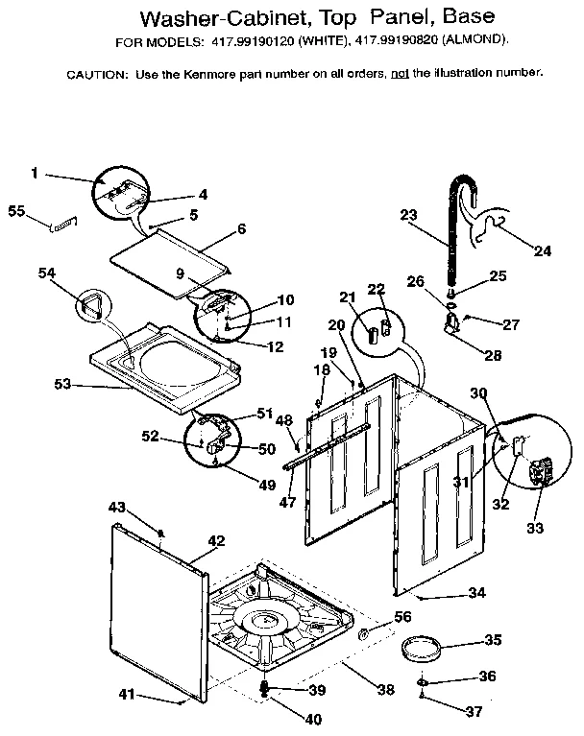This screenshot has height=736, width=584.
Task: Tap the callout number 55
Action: pos(16,210)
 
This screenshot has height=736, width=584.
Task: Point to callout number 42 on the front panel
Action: pos(217,541)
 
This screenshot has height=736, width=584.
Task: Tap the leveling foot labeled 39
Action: pos(266,689)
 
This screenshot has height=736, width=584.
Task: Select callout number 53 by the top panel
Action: pos(63,385)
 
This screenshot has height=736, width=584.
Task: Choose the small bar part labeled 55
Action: pos(62,224)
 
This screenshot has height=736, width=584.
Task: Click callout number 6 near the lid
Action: pos(241,229)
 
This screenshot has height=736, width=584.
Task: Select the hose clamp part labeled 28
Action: pos(450,329)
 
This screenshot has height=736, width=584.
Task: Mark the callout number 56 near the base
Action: pos(402,616)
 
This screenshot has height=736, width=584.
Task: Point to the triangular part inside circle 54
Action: pos(91,308)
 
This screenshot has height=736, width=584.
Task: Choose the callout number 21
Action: pos(347,297)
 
